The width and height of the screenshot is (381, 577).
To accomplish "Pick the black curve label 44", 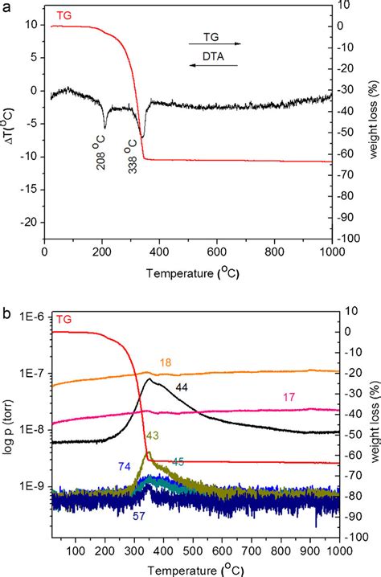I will coord(182,388).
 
